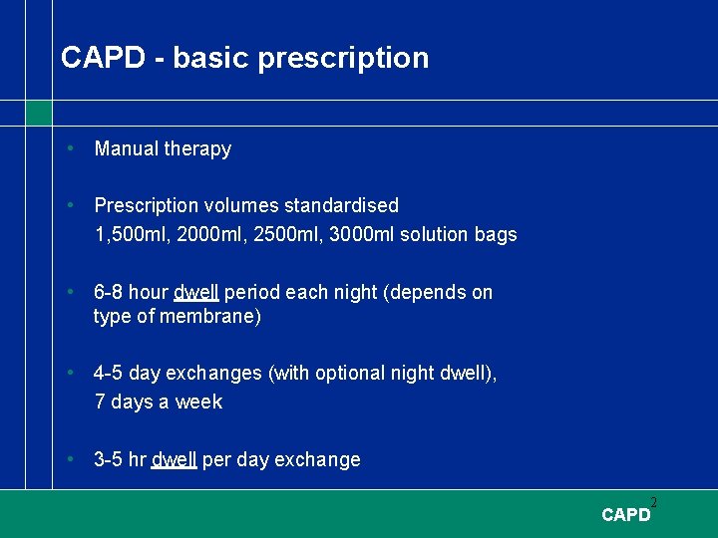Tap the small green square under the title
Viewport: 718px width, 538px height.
pyautogui.click(x=38, y=114)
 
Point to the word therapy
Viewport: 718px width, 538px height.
pyautogui.click(x=197, y=149)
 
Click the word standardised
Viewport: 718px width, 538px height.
pyautogui.click(x=341, y=206)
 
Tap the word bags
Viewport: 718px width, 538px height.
pyautogui.click(x=496, y=235)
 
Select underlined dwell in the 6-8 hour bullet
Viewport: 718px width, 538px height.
pyautogui.click(x=196, y=293)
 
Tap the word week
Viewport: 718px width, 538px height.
pyautogui.click(x=201, y=403)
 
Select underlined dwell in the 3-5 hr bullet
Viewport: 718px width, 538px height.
pyautogui.click(x=175, y=460)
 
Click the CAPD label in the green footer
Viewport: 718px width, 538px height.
pyautogui.click(x=625, y=515)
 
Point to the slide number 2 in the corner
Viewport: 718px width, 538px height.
pyautogui.click(x=654, y=502)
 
